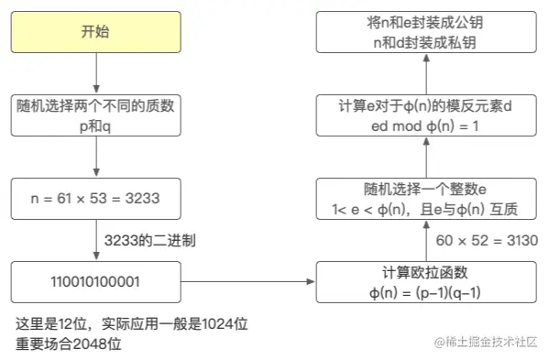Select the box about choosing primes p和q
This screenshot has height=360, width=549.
(95, 115)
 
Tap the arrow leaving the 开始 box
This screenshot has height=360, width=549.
(95, 72)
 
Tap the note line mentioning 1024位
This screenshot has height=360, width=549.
(133, 324)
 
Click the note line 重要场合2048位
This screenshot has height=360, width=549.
(69, 344)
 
